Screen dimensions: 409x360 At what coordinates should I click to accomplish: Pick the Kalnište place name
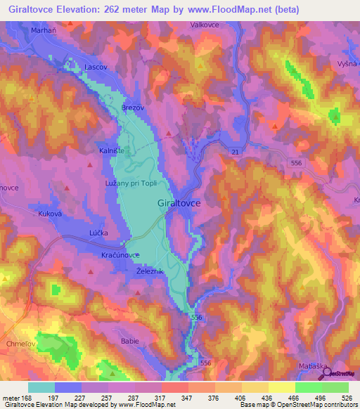click(112, 150)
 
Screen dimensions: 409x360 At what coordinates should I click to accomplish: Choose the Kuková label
click(51, 212)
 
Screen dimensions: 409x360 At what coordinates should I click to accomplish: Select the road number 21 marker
click(235, 152)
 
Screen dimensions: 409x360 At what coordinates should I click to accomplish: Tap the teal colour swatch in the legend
click(41, 387)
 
